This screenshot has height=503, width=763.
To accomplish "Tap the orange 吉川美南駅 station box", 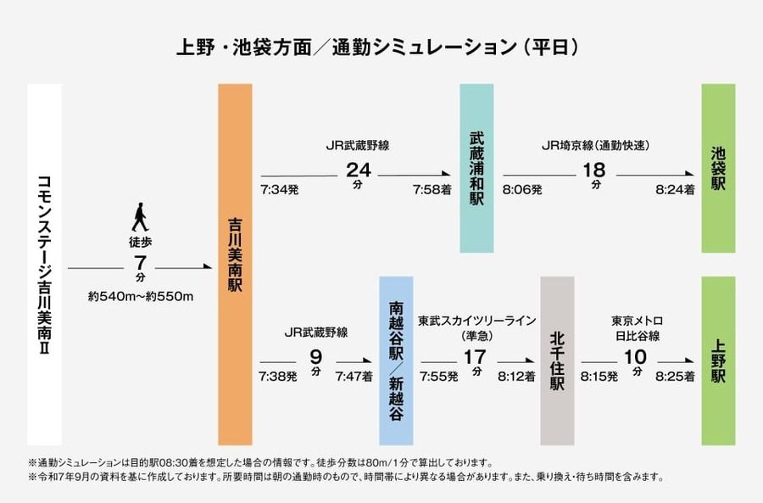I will (x=235, y=265).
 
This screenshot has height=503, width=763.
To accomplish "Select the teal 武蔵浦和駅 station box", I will (x=476, y=168).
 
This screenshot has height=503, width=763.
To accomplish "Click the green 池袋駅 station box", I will (x=718, y=168).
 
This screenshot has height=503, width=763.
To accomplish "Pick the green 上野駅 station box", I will (x=718, y=360).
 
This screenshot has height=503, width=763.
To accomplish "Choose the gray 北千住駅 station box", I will (x=557, y=360).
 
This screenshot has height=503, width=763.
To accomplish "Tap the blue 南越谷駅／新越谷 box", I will (x=396, y=360).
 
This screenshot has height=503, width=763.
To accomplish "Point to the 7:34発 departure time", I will (x=279, y=190).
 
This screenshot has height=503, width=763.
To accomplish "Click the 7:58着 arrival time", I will (x=426, y=190).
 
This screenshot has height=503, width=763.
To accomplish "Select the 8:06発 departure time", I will (x=522, y=190).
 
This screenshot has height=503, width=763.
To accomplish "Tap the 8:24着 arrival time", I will (x=676, y=190).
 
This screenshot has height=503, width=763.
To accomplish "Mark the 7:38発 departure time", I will (x=279, y=376).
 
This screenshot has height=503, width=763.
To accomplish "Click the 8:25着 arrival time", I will (x=676, y=376).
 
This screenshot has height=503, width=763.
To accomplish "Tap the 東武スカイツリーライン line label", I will (x=476, y=321).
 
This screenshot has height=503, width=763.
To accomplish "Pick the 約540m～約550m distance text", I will (x=142, y=296).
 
